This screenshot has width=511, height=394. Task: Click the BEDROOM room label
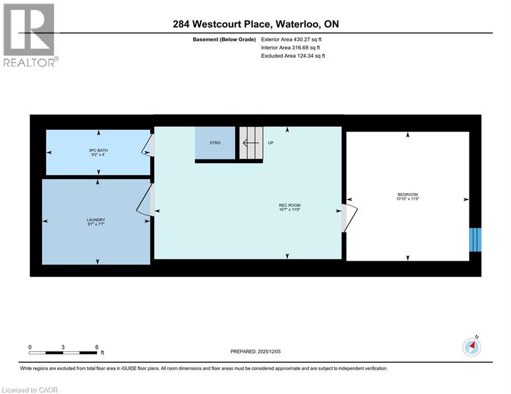408,194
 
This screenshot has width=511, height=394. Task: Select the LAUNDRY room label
96,220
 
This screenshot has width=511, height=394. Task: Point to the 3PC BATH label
98,150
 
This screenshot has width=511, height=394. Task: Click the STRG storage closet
215,143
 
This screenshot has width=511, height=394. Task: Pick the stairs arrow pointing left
251,143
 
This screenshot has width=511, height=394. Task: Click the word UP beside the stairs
270,143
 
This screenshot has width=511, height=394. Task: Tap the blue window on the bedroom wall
476,240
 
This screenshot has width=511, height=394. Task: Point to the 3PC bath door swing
147,145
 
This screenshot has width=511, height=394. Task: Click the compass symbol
471,347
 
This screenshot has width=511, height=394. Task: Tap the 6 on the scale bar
97,347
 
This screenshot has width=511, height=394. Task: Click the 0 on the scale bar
30,347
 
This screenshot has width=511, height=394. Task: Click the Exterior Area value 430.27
302,39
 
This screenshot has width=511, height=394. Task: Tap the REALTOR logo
29,35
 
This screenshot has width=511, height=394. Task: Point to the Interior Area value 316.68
302,47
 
